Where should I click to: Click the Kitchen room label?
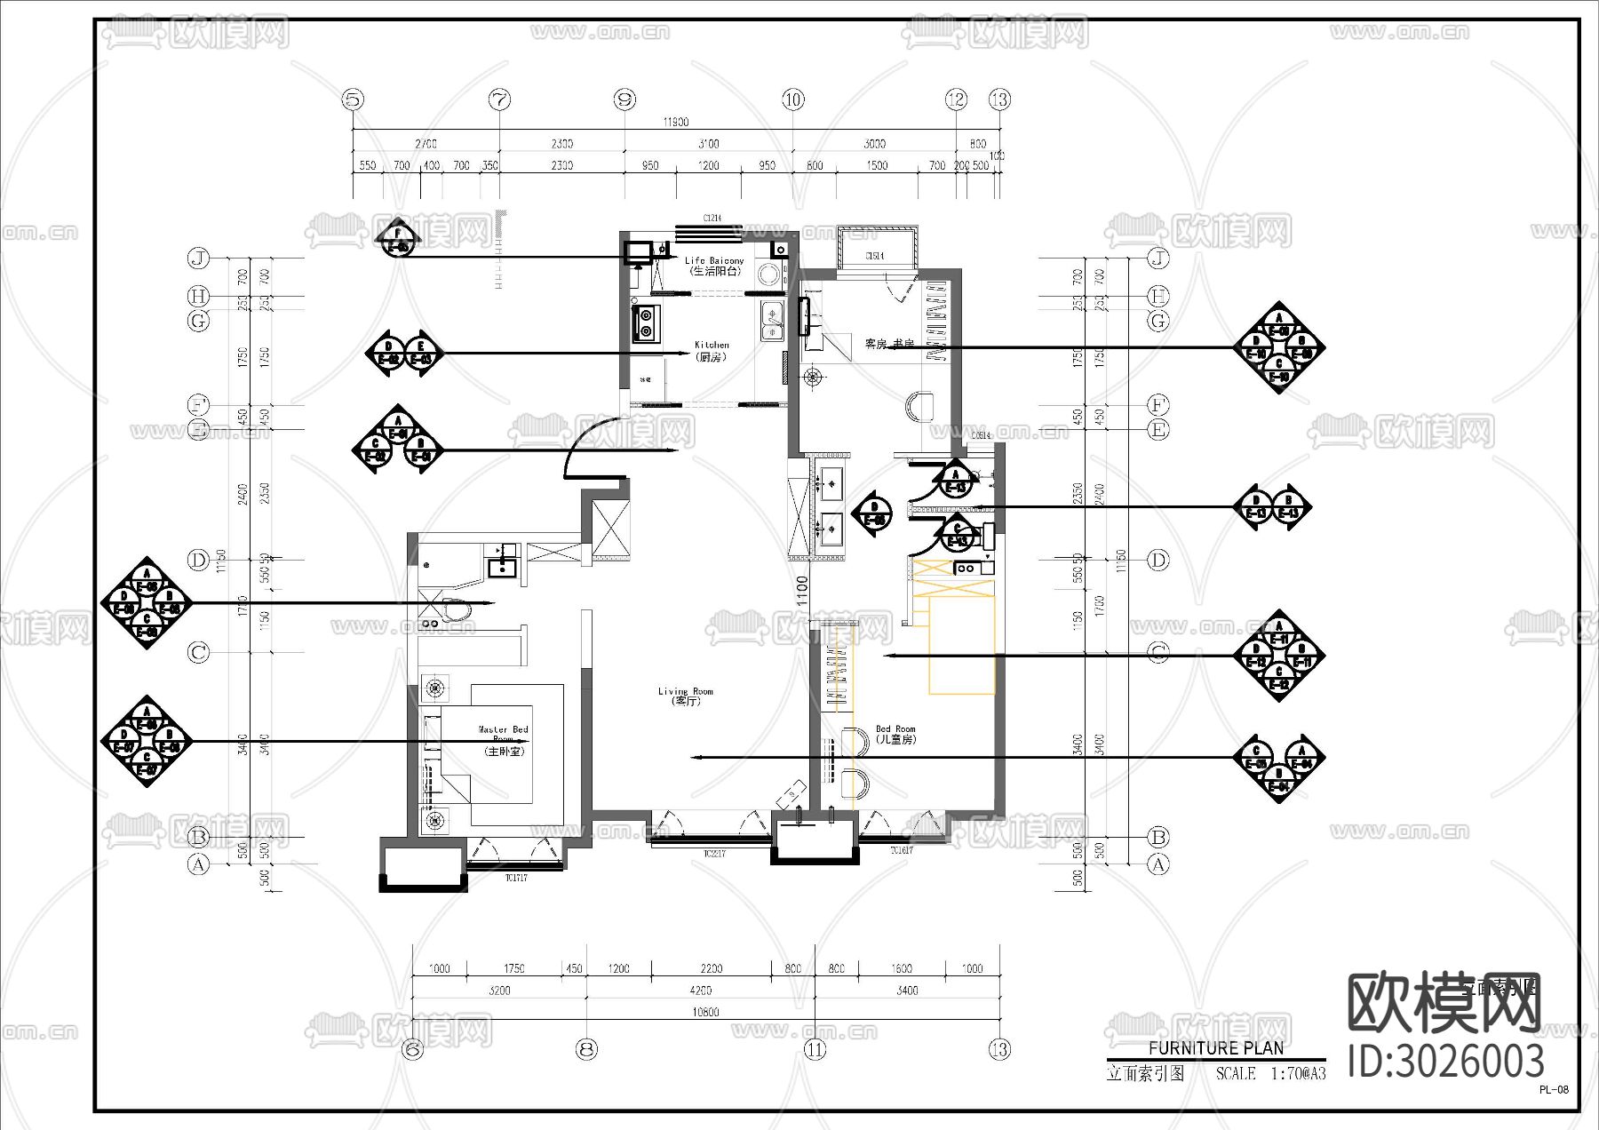tap(712, 350)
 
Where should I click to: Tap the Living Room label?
tap(685, 696)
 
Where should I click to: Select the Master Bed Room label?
tap(504, 739)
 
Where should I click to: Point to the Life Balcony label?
tap(714, 266)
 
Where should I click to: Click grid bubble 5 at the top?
tap(354, 99)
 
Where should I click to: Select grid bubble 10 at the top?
tap(793, 99)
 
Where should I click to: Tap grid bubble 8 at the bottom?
tap(586, 1049)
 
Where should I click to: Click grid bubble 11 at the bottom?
tap(815, 1049)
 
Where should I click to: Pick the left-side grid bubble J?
tap(198, 259)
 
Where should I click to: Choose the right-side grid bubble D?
tap(1158, 560)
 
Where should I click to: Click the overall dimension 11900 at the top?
tap(675, 122)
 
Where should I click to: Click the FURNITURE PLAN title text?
tap(1215, 1048)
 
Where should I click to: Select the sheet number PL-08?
tap(1554, 1090)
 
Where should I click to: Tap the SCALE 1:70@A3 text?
tap(1270, 1073)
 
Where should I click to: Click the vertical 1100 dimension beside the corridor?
tap(802, 592)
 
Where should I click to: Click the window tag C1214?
tap(712, 218)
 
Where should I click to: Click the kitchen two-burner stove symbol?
tap(646, 322)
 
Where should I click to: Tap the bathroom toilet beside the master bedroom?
tap(455, 609)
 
